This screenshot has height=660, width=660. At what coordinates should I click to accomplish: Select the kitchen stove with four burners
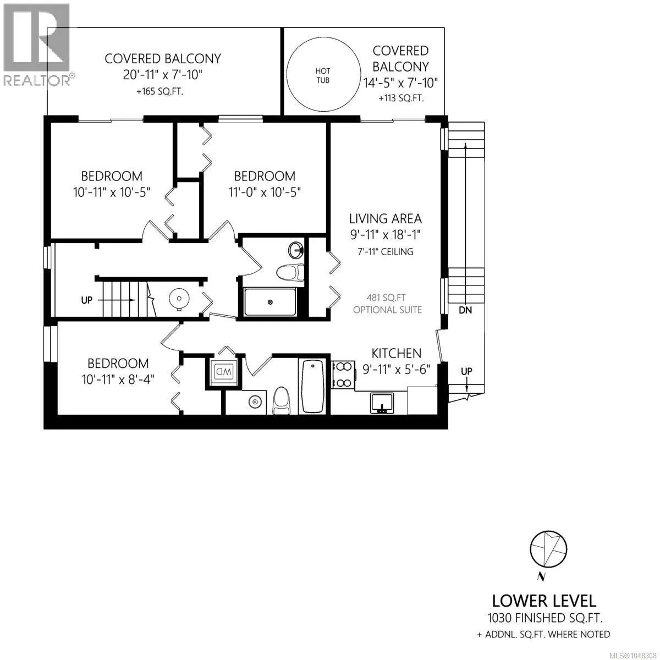click(343, 375)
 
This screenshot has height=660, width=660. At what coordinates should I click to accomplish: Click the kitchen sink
click(382, 403)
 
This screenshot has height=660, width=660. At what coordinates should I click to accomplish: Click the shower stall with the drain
click(270, 302)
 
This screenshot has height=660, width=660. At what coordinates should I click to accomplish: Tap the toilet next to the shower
click(290, 272)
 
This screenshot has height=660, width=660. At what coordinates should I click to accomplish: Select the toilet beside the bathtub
click(282, 401)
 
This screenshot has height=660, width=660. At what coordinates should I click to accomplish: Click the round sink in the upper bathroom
click(295, 250)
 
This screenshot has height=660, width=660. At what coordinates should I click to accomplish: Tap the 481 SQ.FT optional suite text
click(387, 304)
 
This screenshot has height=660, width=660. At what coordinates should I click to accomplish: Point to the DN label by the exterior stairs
click(465, 310)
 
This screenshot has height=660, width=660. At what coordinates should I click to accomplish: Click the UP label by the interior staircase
click(87, 300)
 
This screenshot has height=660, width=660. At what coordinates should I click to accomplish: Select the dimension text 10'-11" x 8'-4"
click(118, 380)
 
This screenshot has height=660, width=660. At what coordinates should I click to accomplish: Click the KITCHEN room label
click(396, 353)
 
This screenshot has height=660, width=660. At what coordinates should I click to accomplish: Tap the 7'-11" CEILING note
click(386, 252)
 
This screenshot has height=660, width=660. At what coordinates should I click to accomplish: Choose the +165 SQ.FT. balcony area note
click(159, 91)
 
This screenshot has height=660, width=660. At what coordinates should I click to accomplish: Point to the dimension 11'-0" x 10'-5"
click(265, 192)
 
